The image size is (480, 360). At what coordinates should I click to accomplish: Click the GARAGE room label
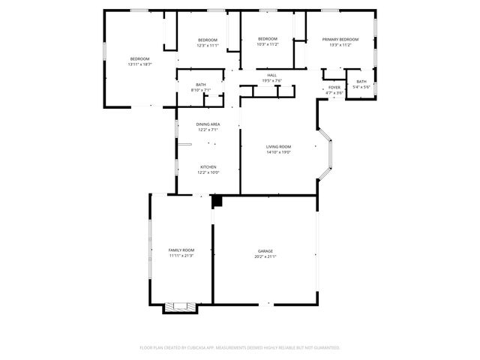coord(265,251)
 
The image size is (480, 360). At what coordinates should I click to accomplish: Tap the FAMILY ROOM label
coord(181,250)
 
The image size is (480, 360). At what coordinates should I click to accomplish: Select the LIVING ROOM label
coord(278,146)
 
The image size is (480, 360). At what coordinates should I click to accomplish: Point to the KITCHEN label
coord(208,166)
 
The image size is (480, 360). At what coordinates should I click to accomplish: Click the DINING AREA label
coord(208,124)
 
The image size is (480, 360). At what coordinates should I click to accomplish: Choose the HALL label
coord(271,75)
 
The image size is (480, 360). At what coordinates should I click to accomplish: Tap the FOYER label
coord(334,88)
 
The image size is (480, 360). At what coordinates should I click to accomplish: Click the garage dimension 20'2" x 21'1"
coord(265,257)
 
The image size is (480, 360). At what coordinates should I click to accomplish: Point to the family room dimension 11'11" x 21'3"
coord(181,256)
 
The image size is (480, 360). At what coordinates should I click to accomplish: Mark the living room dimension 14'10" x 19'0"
coord(278,152)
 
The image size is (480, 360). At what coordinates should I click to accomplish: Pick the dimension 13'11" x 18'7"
coord(140,64)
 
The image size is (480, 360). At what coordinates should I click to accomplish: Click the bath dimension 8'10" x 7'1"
coord(201,90)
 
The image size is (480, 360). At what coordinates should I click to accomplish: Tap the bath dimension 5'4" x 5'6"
coord(361,87)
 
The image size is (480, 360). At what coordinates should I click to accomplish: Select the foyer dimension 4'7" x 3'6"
coord(334,93)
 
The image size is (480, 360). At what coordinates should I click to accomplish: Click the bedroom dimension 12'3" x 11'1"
coord(208,45)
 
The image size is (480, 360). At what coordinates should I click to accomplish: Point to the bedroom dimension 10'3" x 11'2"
coord(268,44)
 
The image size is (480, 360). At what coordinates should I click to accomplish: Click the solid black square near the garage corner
coord(217,201)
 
